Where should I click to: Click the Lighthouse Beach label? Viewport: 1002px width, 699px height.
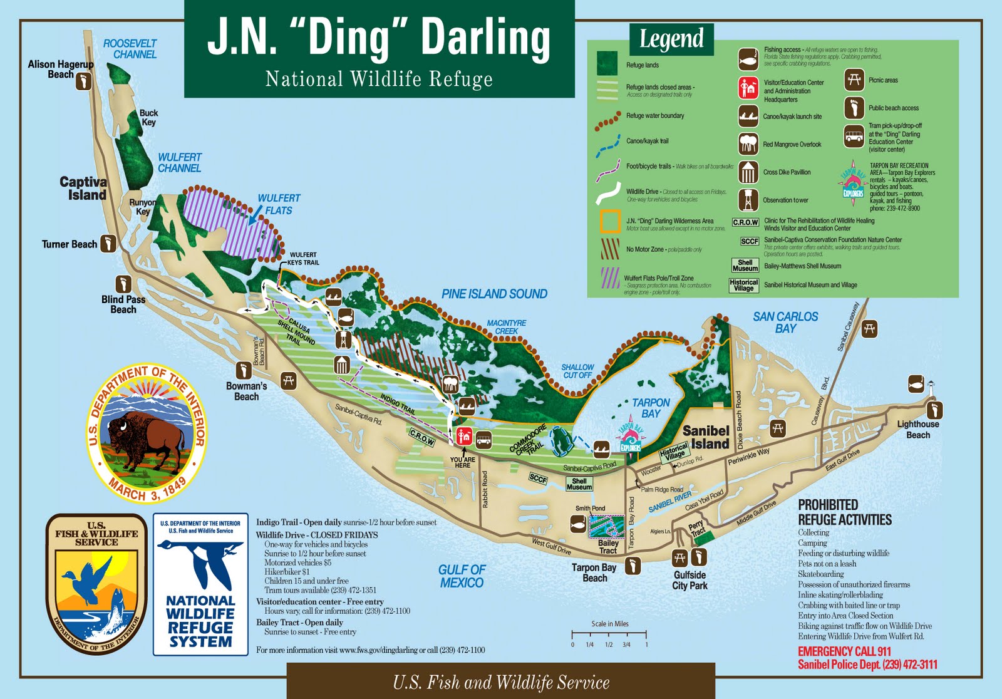pyautogui.click(x=917, y=430)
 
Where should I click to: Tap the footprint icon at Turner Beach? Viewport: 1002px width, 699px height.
pyautogui.click(x=108, y=244)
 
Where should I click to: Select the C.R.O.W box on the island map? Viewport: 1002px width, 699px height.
pyautogui.click(x=422, y=438)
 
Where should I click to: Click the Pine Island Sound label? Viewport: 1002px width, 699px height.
pyautogui.click(x=494, y=294)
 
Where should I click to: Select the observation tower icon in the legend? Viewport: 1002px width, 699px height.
pyautogui.click(x=748, y=200)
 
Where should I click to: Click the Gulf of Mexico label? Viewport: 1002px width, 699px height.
pyautogui.click(x=461, y=576)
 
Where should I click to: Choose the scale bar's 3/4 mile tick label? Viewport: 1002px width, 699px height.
pyautogui.click(x=626, y=645)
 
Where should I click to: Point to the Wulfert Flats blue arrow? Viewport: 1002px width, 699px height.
pyautogui.click(x=254, y=217)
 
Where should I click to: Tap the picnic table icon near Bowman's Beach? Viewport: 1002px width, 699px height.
pyautogui.click(x=288, y=380)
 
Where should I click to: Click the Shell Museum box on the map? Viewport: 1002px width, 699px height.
pyautogui.click(x=579, y=484)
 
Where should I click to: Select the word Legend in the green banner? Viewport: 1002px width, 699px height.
pyautogui.click(x=671, y=39)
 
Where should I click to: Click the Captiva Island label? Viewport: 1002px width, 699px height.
pyautogui.click(x=83, y=188)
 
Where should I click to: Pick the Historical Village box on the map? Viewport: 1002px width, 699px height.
pyautogui.click(x=674, y=452)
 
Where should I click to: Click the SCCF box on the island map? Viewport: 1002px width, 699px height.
pyautogui.click(x=538, y=479)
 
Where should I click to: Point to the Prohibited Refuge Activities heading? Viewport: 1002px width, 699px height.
pyautogui.click(x=844, y=512)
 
